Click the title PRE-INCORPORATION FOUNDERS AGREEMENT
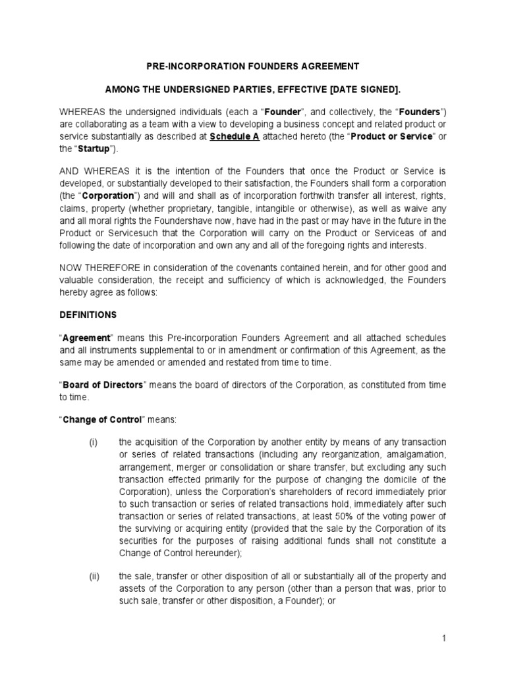click(x=252, y=66)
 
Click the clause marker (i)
click(x=94, y=441)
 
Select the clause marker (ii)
click(x=94, y=576)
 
